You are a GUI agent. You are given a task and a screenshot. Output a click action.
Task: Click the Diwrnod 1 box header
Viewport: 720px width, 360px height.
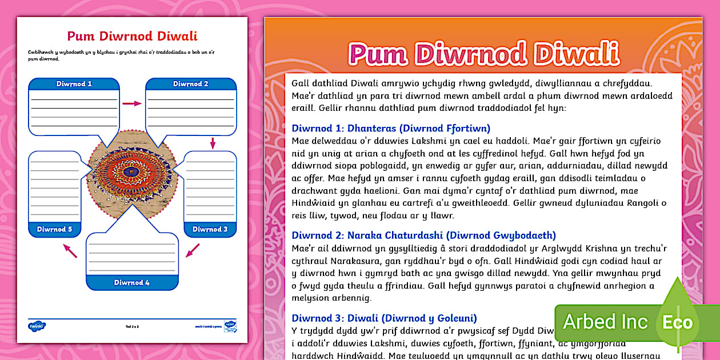(x=74, y=84)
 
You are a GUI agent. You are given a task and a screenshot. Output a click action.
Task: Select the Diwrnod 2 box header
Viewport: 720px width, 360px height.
(x=191, y=84)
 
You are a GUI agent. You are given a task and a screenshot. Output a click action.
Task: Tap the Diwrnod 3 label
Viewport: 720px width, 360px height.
(x=210, y=229)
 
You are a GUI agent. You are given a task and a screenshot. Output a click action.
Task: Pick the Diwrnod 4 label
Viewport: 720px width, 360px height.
(x=132, y=282)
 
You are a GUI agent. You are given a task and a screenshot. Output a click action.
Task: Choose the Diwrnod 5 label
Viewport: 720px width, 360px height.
(x=54, y=229)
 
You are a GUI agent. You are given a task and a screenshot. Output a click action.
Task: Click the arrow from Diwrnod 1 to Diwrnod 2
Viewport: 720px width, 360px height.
(x=132, y=103)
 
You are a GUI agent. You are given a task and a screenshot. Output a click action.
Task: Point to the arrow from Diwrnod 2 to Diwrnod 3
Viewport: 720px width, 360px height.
(x=213, y=143)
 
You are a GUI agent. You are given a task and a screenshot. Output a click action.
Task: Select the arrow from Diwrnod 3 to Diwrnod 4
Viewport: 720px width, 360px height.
(x=193, y=250)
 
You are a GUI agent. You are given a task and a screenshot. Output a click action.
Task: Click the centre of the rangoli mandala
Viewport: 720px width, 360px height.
(x=133, y=171)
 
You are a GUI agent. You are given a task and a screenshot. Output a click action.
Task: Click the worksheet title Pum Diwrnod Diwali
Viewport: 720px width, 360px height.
(x=132, y=37)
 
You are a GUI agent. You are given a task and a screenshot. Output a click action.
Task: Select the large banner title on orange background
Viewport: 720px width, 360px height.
(x=483, y=54)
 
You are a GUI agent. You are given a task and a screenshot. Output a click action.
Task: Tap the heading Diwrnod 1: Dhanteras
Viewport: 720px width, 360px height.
(x=391, y=128)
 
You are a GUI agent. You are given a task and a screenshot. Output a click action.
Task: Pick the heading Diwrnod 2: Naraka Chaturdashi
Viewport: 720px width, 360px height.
(x=423, y=235)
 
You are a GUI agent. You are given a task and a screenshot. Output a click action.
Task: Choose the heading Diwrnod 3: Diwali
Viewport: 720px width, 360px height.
(x=384, y=318)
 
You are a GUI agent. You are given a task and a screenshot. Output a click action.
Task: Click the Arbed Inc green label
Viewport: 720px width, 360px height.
(x=605, y=322)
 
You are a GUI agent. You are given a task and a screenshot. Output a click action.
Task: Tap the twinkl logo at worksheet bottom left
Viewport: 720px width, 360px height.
(x=37, y=326)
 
